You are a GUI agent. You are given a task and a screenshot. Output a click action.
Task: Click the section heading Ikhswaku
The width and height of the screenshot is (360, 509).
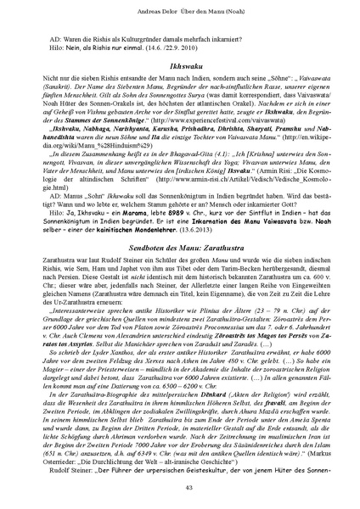click(x=180, y=63)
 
